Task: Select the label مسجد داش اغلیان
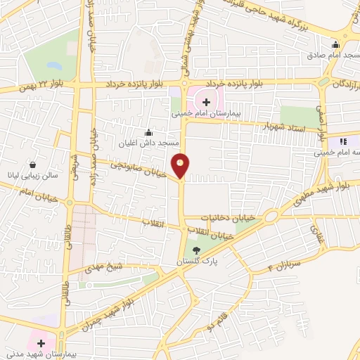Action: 149,143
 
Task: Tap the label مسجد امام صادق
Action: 330,64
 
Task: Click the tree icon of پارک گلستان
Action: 196,250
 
